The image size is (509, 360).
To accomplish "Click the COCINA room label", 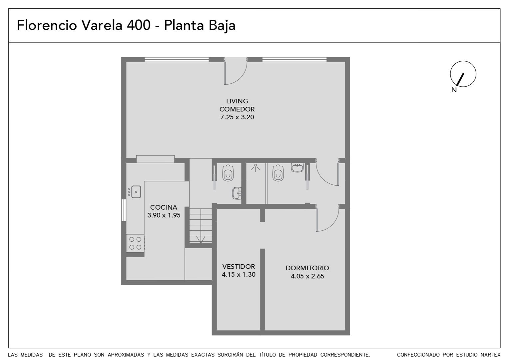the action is click(164, 207).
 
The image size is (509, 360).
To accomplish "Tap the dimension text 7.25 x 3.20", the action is click(237, 117).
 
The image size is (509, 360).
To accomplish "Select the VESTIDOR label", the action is click(239, 266).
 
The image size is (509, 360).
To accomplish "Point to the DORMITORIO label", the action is click(307, 268).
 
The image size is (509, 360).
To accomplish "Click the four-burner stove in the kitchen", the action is click(136, 243).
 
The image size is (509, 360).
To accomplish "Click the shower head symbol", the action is click(255, 168).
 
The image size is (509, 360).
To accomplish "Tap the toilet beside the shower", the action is click(278, 173).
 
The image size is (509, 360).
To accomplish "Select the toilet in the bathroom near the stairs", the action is click(228, 173).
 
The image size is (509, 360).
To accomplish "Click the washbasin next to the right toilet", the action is click(297, 168).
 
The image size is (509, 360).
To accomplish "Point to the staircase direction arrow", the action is click(201, 239).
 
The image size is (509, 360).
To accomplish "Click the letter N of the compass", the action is click(454, 90).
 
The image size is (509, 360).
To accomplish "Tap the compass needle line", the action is click(460, 79).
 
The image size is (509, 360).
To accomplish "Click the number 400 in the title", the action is click(139, 25).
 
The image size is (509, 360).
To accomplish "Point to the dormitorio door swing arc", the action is click(332, 226).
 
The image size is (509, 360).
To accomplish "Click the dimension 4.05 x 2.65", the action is click(307, 276).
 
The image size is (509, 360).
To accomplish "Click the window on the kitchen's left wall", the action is click(124, 210).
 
